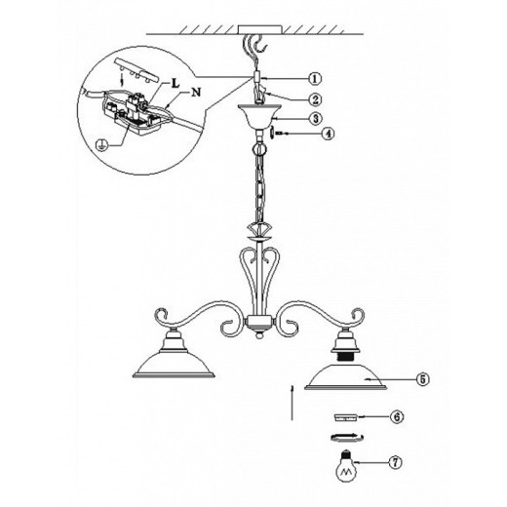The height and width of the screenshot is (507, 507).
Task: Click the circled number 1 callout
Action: tap(315, 79)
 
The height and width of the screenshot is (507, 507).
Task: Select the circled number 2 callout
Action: tap(315, 99)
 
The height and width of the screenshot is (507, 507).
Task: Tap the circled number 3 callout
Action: tap(315, 118)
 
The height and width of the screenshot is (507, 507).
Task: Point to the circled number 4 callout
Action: tap(328, 134)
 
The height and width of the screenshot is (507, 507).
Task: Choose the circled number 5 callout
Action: tap(422, 379)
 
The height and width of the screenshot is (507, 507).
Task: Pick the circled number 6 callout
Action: tap(397, 416)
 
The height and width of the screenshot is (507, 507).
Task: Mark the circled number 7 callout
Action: tap(395, 462)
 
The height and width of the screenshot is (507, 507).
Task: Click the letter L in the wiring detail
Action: tap(175, 83)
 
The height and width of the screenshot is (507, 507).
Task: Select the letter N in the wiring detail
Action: tap(196, 93)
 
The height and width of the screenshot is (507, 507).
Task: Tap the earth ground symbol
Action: tap(102, 144)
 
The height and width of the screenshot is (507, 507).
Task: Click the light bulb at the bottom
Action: tap(346, 466)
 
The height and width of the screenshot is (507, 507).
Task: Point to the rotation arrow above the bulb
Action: tap(347, 438)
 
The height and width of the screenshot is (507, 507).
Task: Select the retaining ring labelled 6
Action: tap(346, 417)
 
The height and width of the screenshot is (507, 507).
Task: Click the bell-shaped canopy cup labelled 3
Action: tap(259, 116)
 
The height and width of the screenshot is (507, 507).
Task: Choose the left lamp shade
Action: tap(174, 365)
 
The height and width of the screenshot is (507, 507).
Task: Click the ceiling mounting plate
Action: tap(260, 29)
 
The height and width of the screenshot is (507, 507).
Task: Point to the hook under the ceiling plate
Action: tap(261, 44)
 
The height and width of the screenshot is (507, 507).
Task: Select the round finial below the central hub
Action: tap(258, 334)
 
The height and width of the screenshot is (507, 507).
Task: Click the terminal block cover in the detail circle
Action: tap(136, 70)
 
